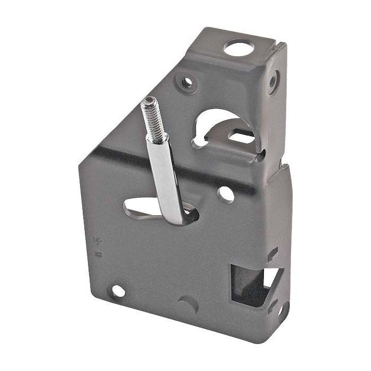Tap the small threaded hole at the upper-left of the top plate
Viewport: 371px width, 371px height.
(x=187, y=82)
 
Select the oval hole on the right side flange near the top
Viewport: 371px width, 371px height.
(x=272, y=82)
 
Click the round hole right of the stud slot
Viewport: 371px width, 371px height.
(x=226, y=195)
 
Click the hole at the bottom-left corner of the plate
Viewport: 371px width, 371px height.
(x=118, y=291)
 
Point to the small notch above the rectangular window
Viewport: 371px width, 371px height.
(x=272, y=254)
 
